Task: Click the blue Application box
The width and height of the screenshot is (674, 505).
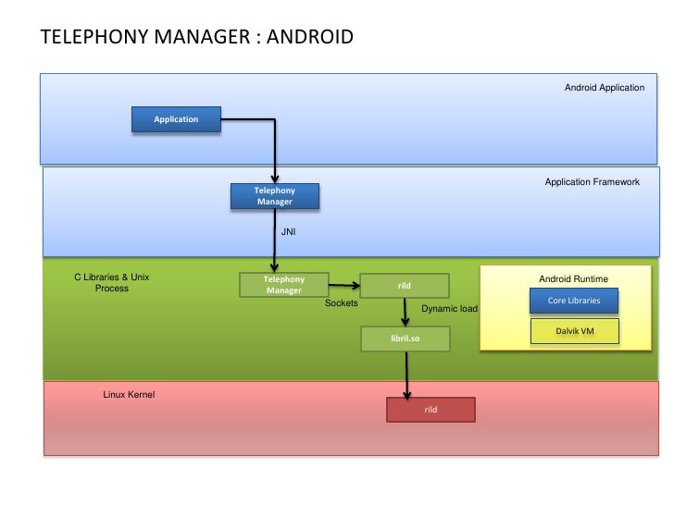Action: tap(176, 119)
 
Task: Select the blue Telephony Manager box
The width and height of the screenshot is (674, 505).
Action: tap(274, 196)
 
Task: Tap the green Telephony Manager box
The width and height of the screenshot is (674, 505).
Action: tap(284, 285)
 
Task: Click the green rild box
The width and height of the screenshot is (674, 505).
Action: tap(404, 286)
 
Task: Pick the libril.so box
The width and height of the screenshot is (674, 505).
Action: tap(405, 339)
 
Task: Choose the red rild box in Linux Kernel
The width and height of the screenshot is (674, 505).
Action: tap(430, 409)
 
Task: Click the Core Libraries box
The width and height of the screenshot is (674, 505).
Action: tap(573, 301)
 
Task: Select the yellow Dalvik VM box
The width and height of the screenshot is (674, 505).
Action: tap(573, 331)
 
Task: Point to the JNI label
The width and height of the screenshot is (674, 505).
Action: tap(288, 232)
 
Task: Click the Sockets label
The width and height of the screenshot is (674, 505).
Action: tap(341, 302)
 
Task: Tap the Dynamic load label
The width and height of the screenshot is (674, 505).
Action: tap(449, 308)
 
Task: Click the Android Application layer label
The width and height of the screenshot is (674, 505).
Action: tap(604, 88)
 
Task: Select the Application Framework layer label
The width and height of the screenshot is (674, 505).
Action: tap(592, 182)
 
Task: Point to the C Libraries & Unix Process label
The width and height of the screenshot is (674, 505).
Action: tap(112, 282)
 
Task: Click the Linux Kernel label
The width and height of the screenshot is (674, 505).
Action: tap(129, 395)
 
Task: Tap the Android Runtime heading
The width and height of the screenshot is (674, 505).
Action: tap(573, 278)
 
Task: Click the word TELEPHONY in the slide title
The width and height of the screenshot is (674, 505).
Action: tap(94, 38)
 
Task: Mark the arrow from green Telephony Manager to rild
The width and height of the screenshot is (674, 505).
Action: tap(344, 286)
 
